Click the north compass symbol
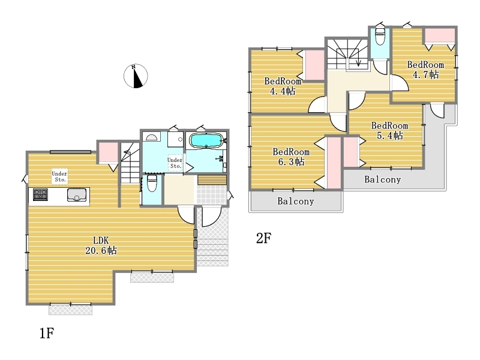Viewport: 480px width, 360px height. pos(136,76)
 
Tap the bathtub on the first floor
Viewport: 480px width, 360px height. pos(206,141)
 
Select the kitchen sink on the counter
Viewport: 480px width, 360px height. pos(77,195)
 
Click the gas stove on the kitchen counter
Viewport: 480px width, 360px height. pos(40,194)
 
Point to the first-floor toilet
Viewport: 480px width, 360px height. pos(152,183)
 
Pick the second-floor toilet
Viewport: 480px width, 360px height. pos(380,37)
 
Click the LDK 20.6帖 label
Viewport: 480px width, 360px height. pos(101,245)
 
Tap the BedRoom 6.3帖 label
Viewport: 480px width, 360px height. pos(291,157)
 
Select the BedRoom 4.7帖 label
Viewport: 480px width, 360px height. pos(425,70)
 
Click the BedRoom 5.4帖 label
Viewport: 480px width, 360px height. pos(389,130)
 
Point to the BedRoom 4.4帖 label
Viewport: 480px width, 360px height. pos(283,86)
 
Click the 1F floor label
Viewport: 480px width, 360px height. pos(47,333)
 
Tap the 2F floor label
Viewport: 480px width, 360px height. pos(263,238)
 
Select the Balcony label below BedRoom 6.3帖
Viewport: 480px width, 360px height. pos(296,201)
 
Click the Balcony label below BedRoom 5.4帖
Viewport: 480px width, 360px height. pos(382,179)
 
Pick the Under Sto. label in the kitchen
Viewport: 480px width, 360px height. pos(59,176)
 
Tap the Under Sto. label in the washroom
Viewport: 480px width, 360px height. pos(175,163)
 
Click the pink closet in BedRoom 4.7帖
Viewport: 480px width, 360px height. pos(439,36)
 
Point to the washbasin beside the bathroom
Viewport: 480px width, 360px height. pos(151,137)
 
